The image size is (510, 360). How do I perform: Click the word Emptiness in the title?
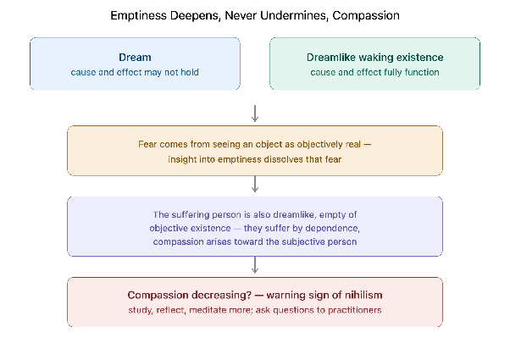coord(138,15)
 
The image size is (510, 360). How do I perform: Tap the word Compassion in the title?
coord(366,15)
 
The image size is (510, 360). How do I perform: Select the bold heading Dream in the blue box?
coord(135,58)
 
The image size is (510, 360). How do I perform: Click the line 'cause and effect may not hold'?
coord(135,72)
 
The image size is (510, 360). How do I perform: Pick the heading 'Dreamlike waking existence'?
coord(374,58)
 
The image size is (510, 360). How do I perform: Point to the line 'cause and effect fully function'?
coord(374,72)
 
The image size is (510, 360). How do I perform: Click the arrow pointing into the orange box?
coord(255,114)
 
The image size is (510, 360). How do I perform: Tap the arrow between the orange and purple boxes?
coord(255,184)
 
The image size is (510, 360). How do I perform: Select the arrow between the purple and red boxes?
coord(255,265)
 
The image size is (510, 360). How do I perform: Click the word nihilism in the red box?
coord(363,295)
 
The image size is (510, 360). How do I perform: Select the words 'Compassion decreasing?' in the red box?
coord(189,295)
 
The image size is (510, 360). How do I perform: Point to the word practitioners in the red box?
coord(354,310)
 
